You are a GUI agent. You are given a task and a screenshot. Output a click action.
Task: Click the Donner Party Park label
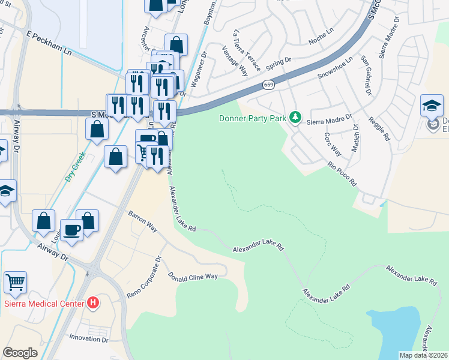252,118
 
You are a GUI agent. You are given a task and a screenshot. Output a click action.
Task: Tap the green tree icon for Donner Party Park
295,116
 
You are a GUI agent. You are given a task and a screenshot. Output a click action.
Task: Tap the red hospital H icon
93,302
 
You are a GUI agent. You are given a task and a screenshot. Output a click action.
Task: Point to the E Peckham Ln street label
49,44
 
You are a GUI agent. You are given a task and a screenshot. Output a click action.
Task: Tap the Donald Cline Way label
193,277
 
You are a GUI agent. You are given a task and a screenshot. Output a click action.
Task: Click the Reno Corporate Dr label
145,279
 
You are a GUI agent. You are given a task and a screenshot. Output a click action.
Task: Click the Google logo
20,352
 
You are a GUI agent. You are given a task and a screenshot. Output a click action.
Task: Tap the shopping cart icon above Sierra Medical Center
15,282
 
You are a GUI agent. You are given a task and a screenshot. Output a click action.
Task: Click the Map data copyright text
423,355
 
